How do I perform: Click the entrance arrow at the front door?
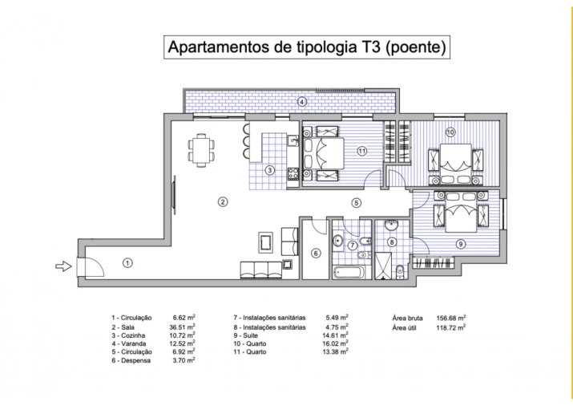point(63,266)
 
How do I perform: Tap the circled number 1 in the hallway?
point(127,262)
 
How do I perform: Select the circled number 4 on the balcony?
point(301,102)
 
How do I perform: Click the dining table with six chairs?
point(201,150)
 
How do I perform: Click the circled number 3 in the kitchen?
point(271,169)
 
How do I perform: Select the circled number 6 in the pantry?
point(316,254)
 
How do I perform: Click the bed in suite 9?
point(461,216)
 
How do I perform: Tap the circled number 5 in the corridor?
point(356,203)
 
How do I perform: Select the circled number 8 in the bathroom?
point(392,242)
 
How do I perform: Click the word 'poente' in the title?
point(415,47)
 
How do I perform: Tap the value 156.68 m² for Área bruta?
point(452,317)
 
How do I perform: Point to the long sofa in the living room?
point(261,267)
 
